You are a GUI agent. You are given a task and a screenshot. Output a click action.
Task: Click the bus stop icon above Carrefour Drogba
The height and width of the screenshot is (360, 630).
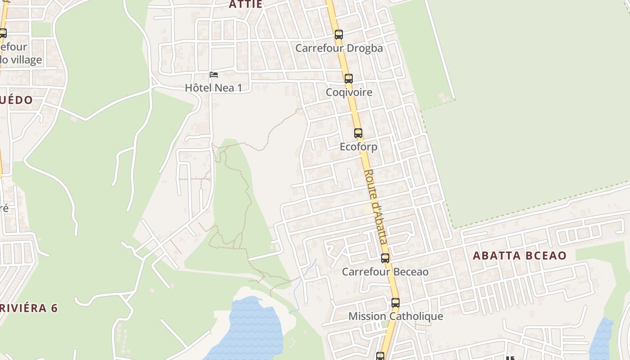[339, 34]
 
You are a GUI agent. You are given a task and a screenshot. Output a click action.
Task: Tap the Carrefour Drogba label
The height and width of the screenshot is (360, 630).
[339, 48]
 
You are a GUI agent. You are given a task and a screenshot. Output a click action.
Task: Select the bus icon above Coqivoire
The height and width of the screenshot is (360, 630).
[348, 79]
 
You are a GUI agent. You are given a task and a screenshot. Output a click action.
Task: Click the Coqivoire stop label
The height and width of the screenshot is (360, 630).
[349, 92]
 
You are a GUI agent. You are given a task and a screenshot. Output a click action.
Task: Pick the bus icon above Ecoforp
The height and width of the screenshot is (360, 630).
[358, 133]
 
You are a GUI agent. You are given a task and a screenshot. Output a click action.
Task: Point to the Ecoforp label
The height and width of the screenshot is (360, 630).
[358, 147]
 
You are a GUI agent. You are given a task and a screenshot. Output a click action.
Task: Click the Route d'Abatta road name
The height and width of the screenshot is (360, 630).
[376, 207]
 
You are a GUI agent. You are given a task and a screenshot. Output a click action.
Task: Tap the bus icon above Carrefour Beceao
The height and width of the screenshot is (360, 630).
[385, 258]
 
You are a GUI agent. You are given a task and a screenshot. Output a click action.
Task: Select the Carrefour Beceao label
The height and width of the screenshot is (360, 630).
[385, 272]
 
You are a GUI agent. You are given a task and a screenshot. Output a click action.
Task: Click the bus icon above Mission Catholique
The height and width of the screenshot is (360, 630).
[396, 303]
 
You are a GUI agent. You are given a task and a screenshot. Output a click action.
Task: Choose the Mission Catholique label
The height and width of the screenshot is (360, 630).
[396, 316]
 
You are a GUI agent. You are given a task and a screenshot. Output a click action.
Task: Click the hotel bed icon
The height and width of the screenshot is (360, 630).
[214, 74]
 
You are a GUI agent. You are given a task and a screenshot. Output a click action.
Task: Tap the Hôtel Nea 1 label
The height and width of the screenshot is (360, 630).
[214, 88]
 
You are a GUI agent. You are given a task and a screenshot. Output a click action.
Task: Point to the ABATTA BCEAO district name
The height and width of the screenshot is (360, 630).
[519, 256]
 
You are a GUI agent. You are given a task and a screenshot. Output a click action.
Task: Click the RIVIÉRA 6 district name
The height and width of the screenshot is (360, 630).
[29, 308]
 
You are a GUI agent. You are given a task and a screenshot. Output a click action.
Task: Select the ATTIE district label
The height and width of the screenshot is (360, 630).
[245, 4]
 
